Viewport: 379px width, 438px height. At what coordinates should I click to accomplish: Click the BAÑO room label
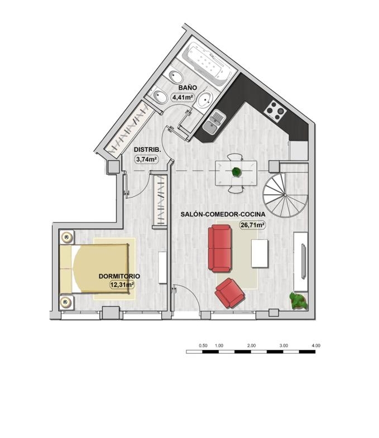click(x=188, y=88)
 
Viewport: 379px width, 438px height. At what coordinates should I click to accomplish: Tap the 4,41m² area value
click(x=183, y=98)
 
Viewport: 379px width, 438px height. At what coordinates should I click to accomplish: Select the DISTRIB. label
click(x=147, y=150)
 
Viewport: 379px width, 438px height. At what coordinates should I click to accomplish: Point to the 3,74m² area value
click(x=146, y=160)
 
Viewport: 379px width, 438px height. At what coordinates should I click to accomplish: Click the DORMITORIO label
click(x=119, y=276)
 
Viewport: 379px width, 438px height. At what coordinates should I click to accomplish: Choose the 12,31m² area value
click(x=122, y=285)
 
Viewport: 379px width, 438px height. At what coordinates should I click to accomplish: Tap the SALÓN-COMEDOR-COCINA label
click(x=223, y=214)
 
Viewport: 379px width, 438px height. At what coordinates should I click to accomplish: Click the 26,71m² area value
click(x=252, y=225)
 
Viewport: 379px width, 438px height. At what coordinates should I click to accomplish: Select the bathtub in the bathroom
click(x=208, y=63)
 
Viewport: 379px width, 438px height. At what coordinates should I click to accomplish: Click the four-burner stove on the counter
click(x=275, y=112)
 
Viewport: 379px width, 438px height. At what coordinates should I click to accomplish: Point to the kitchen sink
click(x=214, y=123)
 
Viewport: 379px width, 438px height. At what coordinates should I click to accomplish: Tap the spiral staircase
click(x=285, y=195)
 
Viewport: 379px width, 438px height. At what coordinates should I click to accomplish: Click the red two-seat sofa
click(x=220, y=248)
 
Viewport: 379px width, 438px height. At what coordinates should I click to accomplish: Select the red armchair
click(x=230, y=293)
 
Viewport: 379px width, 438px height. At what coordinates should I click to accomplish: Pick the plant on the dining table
click(x=237, y=172)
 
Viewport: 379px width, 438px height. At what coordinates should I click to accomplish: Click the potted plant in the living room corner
click(x=298, y=301)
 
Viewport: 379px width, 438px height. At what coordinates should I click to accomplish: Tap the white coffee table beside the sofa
click(x=260, y=253)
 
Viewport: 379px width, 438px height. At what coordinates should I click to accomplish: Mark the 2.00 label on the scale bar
click(x=252, y=345)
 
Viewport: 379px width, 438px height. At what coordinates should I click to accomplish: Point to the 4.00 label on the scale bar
click(x=316, y=345)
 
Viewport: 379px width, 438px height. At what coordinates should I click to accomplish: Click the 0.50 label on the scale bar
click(x=203, y=345)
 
